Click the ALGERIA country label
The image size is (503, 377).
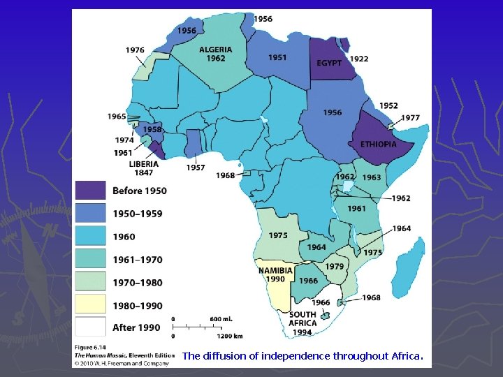[x=216, y=50]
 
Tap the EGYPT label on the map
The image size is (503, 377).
[x=329, y=64]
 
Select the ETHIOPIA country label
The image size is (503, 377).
[x=379, y=145]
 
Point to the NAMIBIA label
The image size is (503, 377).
[x=275, y=271]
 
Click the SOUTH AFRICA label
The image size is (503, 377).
[x=302, y=318]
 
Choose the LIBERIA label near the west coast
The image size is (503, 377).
[x=143, y=165]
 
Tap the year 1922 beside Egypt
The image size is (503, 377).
[x=359, y=59]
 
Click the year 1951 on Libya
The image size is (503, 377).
[x=277, y=58]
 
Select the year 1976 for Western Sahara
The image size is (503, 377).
[x=136, y=50]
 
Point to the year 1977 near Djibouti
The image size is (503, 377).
[x=410, y=118]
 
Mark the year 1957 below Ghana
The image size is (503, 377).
[x=196, y=168]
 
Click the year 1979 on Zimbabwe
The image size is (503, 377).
[x=334, y=266]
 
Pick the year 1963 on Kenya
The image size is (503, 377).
[x=372, y=178]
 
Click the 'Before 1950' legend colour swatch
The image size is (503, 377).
[x=91, y=191]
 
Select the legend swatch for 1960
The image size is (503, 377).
[x=91, y=236]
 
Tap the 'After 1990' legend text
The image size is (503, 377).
[x=137, y=327]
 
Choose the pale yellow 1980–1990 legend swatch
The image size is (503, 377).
[x=91, y=304]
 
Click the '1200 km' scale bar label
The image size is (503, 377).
[x=224, y=336]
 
